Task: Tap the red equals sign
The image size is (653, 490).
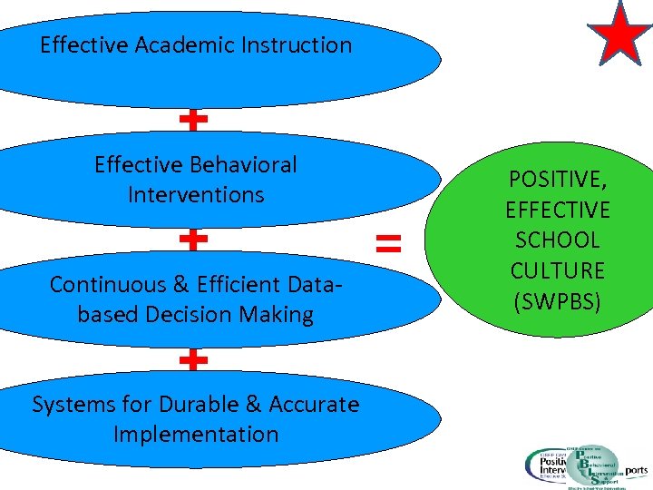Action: pos(388,241)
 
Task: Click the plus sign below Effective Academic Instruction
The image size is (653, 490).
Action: pos(193,119)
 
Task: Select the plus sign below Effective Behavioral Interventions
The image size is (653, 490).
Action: pos(193,239)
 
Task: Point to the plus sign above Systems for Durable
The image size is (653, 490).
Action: pos(193,359)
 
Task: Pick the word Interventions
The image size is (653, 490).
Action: pos(196,194)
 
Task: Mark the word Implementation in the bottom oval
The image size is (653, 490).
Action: pos(196,434)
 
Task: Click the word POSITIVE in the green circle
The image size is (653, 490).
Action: pos(558,180)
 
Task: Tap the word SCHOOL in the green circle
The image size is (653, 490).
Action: pos(558,240)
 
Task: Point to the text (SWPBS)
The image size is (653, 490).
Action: pos(558,301)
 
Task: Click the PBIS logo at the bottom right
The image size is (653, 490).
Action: pos(580,465)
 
